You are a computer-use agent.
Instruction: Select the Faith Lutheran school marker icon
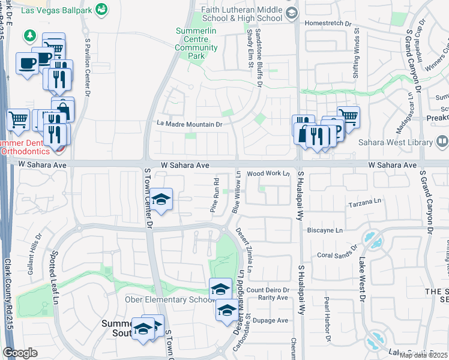point(292,13)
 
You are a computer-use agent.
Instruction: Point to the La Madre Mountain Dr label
point(190,124)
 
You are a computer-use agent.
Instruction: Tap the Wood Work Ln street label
point(268,173)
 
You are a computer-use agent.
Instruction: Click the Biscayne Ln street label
point(325,230)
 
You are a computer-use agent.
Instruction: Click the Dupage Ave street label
point(271,320)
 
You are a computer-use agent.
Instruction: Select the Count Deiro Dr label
point(268,290)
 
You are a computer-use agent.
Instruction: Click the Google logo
point(20,353)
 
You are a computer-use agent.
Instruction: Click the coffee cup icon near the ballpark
point(27,64)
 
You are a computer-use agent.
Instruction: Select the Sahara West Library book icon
point(442,142)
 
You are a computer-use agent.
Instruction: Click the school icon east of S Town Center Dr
point(161,200)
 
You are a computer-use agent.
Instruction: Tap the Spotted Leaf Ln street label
point(56,275)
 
